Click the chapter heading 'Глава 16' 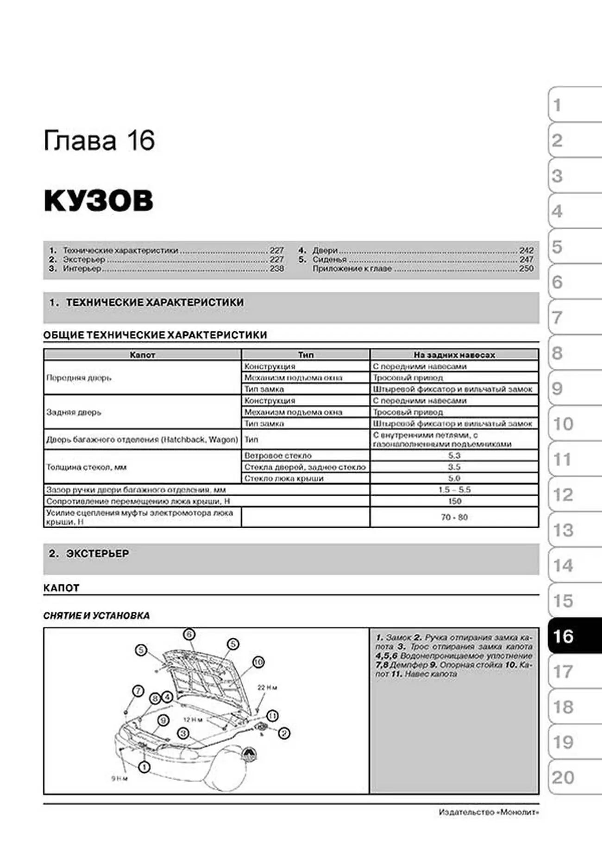click(99, 141)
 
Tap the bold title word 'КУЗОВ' click(98, 201)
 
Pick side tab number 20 click(563, 777)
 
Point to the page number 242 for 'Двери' click(526, 250)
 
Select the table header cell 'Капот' click(142, 355)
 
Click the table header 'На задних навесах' click(454, 355)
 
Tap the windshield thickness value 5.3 click(454, 456)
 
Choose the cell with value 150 click(454, 501)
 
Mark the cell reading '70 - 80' click(454, 517)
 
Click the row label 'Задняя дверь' click(74, 412)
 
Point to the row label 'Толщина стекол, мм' click(86, 467)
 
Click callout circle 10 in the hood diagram click(258, 663)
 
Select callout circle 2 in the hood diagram click(284, 733)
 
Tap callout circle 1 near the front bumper click(144, 767)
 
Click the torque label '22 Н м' click(267, 688)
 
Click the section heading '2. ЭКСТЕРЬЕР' click(89, 554)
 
